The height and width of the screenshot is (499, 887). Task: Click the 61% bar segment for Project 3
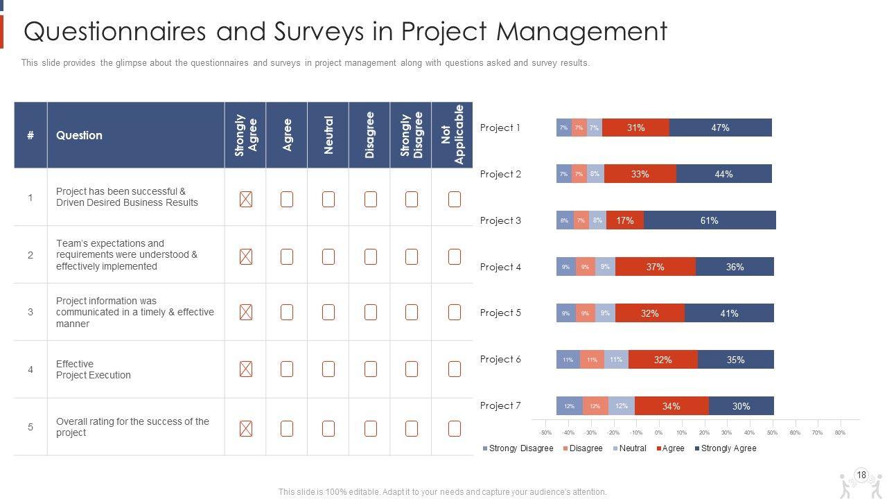(709, 220)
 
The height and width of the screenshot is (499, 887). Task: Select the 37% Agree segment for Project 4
(655, 267)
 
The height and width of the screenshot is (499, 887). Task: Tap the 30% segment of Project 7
(741, 406)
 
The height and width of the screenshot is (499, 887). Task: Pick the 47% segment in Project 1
(720, 128)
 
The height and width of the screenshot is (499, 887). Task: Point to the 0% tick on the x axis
(658, 433)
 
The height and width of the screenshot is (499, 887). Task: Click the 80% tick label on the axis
(840, 433)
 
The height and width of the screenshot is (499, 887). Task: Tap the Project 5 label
(500, 313)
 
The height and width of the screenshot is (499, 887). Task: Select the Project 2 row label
(500, 174)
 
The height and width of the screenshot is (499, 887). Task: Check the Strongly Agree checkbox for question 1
(245, 200)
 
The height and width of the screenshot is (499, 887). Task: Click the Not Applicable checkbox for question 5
(455, 428)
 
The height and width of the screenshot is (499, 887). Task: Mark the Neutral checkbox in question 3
(328, 313)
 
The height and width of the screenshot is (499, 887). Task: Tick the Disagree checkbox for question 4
(371, 369)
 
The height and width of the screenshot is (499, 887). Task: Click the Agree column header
(287, 135)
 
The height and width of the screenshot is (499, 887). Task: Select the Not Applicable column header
(453, 135)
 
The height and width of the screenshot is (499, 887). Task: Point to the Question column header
(79, 135)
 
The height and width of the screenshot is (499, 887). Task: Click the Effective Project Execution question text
(93, 369)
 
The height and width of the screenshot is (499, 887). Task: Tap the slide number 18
(861, 475)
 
